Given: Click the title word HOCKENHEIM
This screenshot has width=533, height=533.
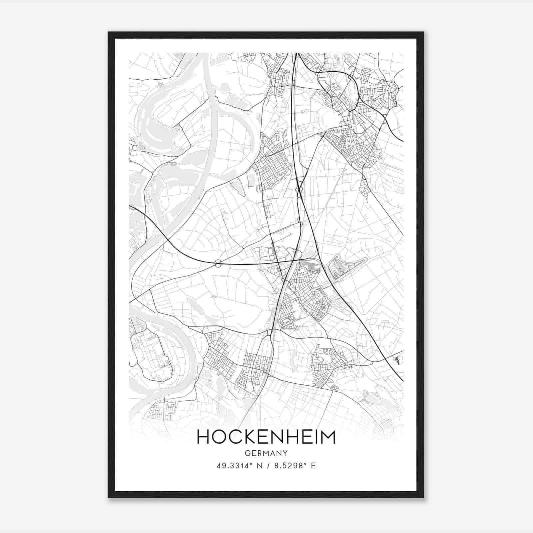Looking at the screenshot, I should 266,437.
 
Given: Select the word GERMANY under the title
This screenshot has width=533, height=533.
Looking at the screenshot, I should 266,453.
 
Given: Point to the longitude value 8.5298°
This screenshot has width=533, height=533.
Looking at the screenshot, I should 289,466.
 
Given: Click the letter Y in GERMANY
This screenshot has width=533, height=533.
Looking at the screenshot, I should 285,453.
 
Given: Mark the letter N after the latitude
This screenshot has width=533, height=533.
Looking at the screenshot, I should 256,466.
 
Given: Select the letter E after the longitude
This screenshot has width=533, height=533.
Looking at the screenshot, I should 313,466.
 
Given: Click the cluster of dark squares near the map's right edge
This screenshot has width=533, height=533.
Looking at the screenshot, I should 396,360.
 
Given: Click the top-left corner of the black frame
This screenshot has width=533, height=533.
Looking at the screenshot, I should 109,32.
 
